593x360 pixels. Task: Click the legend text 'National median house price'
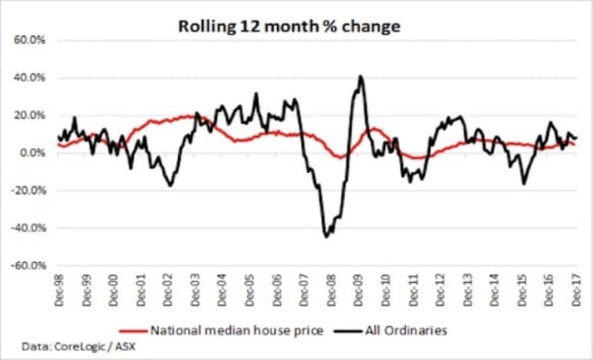[237, 331]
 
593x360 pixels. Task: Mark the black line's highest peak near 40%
[360, 76]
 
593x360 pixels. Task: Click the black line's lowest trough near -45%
[326, 237]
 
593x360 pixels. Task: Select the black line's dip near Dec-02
[170, 185]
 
